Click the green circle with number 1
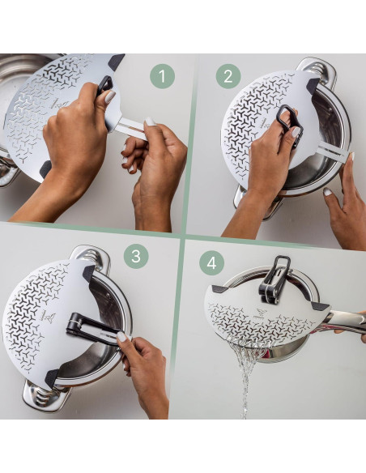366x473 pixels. tap(162, 77)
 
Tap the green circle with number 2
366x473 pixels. tap(228, 77)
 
